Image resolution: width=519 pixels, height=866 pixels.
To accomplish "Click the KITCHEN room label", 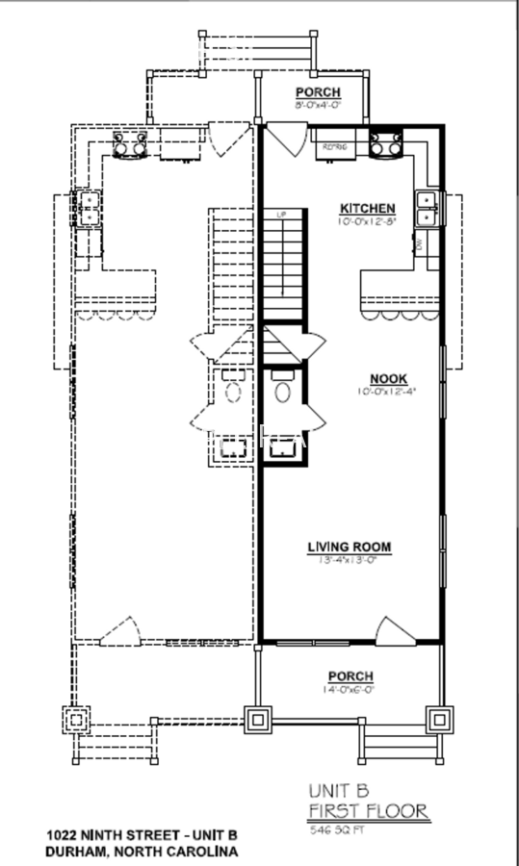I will pos(367,208).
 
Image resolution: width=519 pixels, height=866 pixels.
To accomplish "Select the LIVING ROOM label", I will pos(350,548).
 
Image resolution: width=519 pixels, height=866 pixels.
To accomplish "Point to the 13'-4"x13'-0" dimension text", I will pos(350,561).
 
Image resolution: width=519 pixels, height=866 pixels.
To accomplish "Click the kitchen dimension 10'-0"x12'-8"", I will pos(367,221).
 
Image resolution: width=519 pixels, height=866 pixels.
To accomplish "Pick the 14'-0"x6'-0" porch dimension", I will pos(350,689).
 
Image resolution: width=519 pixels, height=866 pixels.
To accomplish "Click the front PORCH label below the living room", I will pos(350,676).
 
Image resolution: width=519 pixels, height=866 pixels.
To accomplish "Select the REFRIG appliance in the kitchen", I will pos(334,147).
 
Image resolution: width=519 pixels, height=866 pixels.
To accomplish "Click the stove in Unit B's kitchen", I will pos(389,144).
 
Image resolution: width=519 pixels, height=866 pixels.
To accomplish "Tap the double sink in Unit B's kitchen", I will pos(427,209).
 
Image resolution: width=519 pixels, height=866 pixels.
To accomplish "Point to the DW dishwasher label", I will pos(421,246).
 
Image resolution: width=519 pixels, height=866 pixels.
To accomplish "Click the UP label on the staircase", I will pos(282,214).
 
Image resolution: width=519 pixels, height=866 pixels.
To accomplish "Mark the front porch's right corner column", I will pos(440,720).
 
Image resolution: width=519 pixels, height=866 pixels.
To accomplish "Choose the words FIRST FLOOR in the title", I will pos(368,811).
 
